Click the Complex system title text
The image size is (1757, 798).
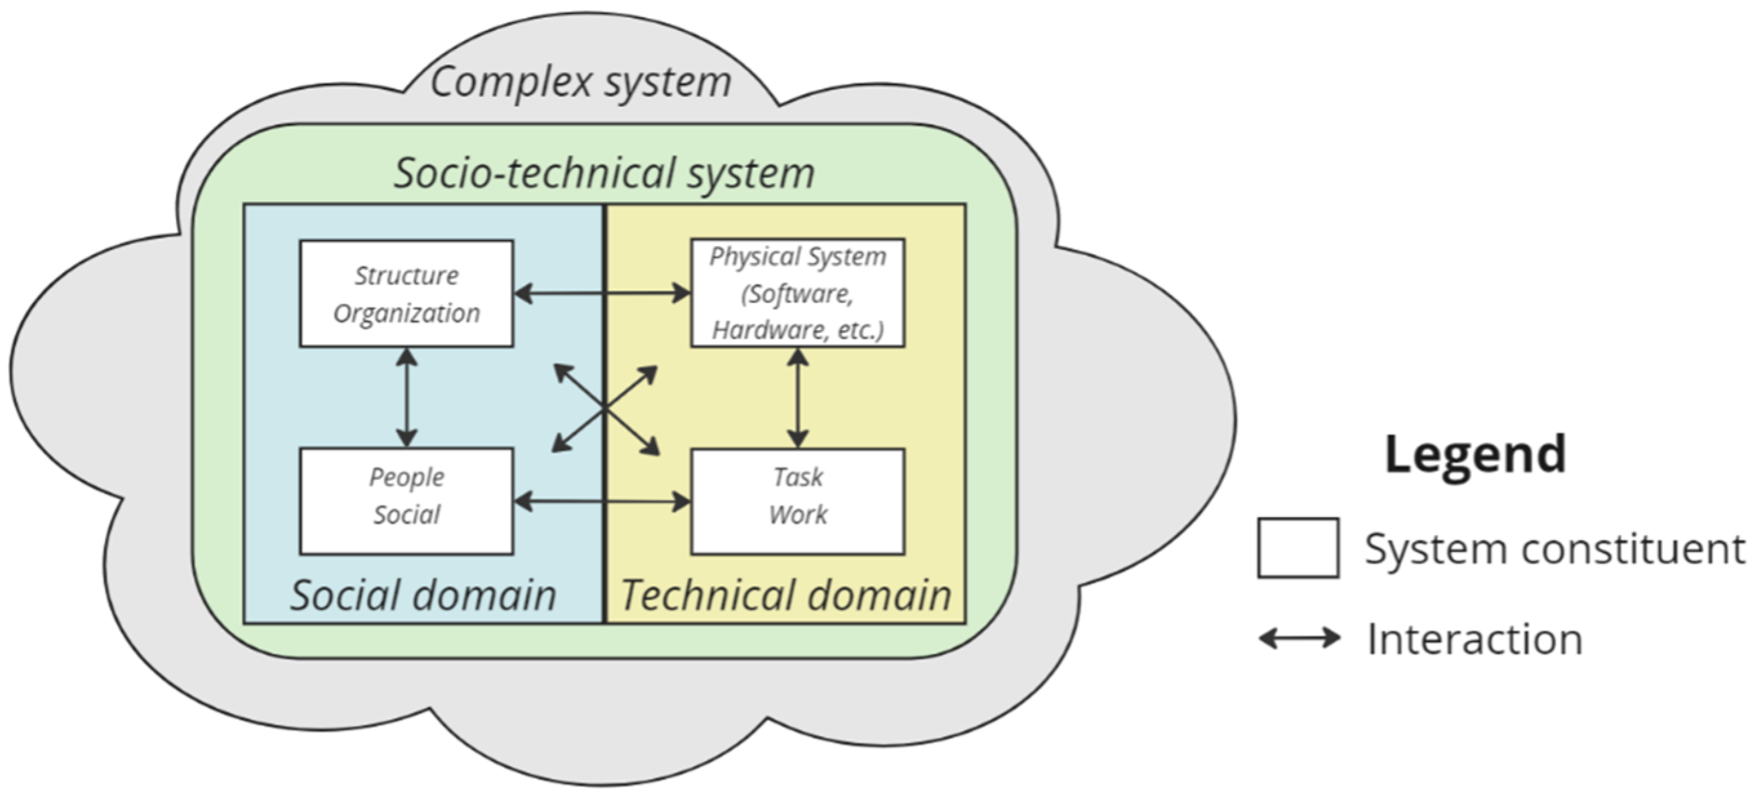coord(581,82)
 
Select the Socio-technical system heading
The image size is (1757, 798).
coord(604,172)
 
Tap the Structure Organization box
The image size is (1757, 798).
coord(406,294)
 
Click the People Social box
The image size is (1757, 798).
coord(406,501)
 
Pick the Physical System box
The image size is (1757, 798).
coord(797,293)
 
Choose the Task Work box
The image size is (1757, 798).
coord(797,501)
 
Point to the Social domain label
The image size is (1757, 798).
coord(424,595)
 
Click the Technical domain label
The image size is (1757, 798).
coord(786,595)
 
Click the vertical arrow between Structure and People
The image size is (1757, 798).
coord(406,398)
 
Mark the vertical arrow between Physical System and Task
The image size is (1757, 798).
coord(797,398)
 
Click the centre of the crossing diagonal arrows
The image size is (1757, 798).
coord(605,409)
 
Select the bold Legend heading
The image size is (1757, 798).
coord(1474,455)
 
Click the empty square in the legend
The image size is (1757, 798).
coord(1298,548)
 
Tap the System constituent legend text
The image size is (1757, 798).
coord(1554,549)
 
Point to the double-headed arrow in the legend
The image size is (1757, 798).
coord(1299,639)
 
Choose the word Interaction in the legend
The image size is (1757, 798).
coord(1474,640)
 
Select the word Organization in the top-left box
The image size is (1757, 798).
coord(406,313)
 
